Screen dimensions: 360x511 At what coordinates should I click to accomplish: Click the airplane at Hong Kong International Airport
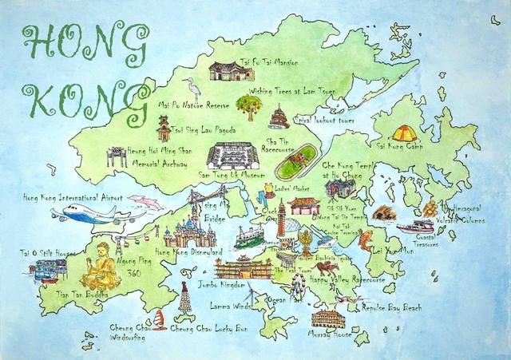(x=88, y=214)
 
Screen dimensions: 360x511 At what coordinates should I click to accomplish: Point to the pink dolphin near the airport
(x=145, y=201)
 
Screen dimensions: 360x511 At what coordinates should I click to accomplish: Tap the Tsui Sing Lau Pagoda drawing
(x=164, y=127)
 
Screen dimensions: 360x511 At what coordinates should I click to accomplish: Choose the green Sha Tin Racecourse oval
(x=294, y=168)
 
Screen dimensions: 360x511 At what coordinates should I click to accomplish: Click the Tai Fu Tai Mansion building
(x=231, y=72)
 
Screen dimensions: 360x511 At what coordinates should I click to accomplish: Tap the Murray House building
(x=327, y=318)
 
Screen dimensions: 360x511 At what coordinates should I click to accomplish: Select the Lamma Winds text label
(x=232, y=305)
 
